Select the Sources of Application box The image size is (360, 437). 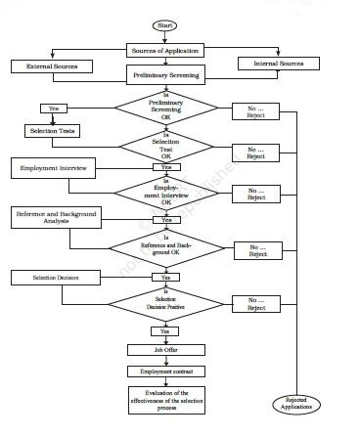(x=164, y=49)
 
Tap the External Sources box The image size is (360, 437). (x=51, y=66)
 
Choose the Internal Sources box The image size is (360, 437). (x=279, y=64)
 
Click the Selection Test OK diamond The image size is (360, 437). (x=164, y=148)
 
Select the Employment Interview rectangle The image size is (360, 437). (x=55, y=169)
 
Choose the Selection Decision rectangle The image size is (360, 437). (x=55, y=278)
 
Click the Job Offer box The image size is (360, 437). (x=164, y=350)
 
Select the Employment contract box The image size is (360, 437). (x=164, y=371)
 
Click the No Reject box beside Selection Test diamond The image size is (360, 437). (x=256, y=152)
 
